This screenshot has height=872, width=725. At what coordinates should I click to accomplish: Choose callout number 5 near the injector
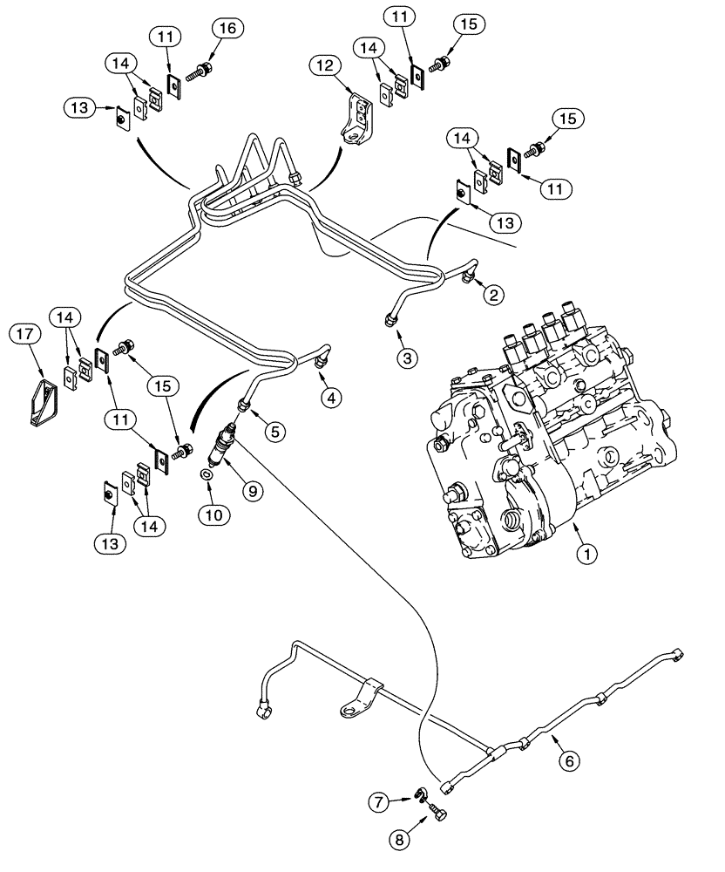(x=276, y=430)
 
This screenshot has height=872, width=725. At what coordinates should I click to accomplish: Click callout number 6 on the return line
(x=568, y=760)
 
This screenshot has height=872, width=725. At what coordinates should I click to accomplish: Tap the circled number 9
(x=253, y=492)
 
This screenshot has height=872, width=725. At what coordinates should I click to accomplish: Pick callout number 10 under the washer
(x=214, y=514)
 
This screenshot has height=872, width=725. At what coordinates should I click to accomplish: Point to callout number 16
(x=226, y=29)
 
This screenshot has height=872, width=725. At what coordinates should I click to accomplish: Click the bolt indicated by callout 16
(x=203, y=66)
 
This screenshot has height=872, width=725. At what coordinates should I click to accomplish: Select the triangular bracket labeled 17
(x=43, y=401)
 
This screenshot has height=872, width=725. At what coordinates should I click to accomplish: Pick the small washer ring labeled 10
(x=205, y=476)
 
